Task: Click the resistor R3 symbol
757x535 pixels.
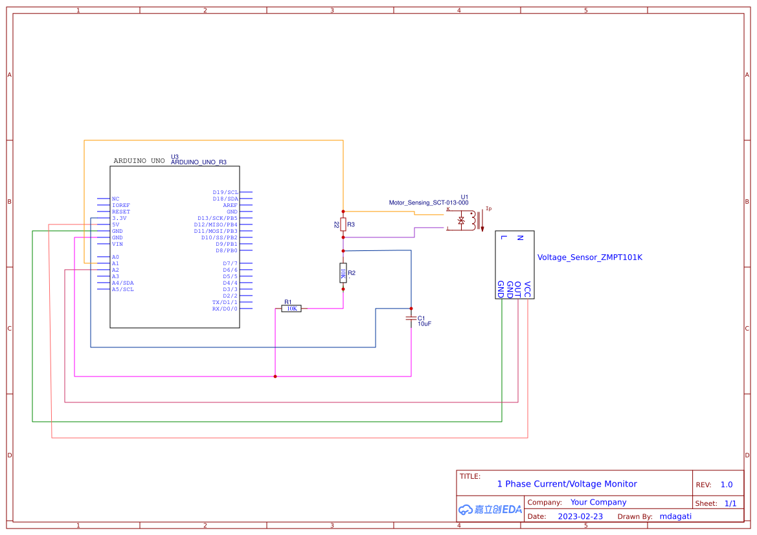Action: coord(343,224)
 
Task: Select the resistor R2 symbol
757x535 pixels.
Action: coord(343,273)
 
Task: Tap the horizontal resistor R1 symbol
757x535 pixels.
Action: coord(291,309)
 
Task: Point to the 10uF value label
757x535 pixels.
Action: coord(424,323)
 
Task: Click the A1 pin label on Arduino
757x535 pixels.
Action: coord(115,263)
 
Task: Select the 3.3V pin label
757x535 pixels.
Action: coord(119,218)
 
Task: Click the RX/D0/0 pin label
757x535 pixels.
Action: coord(225,309)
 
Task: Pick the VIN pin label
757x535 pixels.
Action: coord(117,244)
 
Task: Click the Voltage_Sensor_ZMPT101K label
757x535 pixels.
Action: coord(589,257)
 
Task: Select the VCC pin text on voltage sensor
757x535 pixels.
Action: coord(528,289)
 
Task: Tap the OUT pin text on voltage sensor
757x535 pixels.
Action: coord(518,289)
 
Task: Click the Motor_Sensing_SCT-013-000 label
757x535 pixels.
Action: coord(428,202)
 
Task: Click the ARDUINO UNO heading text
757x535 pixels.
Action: coord(139,160)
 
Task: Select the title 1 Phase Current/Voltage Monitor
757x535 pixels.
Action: coord(567,484)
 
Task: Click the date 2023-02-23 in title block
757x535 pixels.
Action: coord(580,516)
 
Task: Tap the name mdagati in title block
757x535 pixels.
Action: coord(675,516)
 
